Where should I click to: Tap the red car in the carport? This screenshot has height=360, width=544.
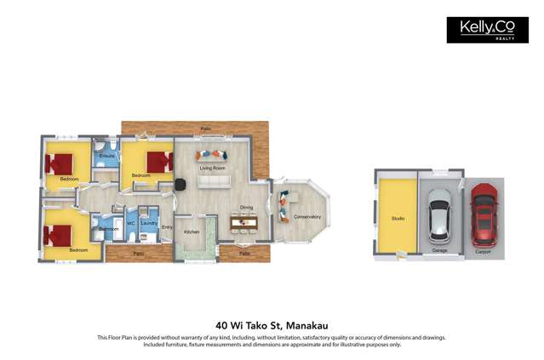(x=484, y=215)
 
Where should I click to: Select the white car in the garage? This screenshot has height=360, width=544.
(x=440, y=214)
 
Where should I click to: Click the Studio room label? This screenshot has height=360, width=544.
(x=398, y=219)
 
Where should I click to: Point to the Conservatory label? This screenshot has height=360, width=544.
(x=307, y=217)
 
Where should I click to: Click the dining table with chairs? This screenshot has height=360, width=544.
(x=244, y=222)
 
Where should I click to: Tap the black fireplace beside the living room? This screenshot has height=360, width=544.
(x=180, y=185)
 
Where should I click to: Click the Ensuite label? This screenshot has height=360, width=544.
(x=107, y=157)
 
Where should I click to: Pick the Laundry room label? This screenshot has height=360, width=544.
(x=149, y=223)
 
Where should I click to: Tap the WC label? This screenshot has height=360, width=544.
(x=131, y=224)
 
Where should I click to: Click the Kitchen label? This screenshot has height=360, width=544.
(x=192, y=231)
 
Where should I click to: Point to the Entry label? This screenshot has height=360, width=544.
(x=167, y=227)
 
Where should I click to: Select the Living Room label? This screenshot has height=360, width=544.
(x=212, y=169)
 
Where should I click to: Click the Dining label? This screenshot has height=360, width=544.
(x=246, y=207)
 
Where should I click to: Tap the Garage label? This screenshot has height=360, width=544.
(x=439, y=250)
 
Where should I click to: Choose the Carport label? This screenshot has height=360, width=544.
(x=484, y=250)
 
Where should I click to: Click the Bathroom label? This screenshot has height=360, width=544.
(x=109, y=229)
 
